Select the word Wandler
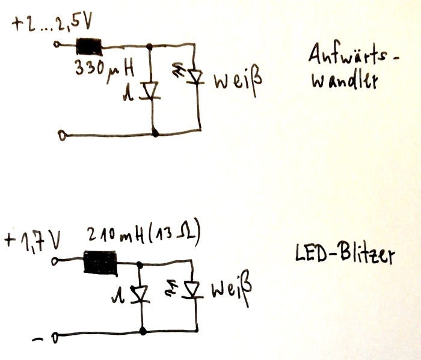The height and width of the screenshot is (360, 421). pyautogui.click(x=345, y=81)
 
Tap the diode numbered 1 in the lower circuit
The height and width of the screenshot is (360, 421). pyautogui.click(x=143, y=294)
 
